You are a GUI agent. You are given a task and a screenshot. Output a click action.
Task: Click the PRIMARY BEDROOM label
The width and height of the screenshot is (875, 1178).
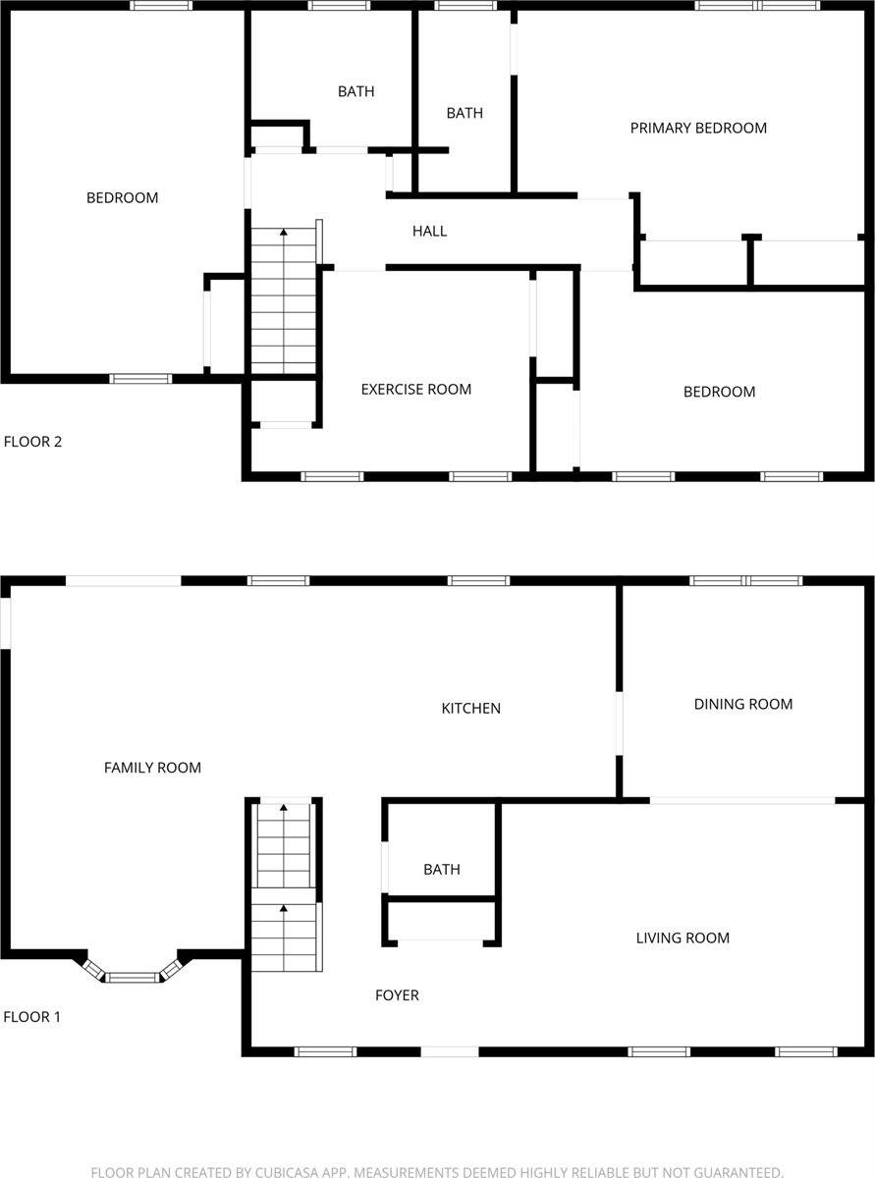(x=698, y=128)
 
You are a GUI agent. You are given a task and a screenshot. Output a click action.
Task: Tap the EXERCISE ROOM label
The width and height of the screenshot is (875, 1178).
(x=415, y=390)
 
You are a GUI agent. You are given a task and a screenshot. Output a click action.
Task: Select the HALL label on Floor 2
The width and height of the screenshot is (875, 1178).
(x=429, y=231)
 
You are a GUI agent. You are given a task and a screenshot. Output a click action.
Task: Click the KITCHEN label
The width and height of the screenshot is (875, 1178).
(x=470, y=708)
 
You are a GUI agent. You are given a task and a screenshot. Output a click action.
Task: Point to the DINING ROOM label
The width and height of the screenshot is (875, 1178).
(x=742, y=704)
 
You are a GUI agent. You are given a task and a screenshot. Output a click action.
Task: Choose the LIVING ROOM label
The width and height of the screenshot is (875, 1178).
(x=683, y=937)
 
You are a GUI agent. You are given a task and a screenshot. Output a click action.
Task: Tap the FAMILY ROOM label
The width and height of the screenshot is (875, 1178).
(x=152, y=768)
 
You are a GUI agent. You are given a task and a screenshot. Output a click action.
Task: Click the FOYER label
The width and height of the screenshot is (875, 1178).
(x=397, y=995)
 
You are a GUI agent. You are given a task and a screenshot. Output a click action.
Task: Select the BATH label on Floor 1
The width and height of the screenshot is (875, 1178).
(x=441, y=869)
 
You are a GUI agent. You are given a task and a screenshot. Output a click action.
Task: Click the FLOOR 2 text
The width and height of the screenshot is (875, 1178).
(x=32, y=442)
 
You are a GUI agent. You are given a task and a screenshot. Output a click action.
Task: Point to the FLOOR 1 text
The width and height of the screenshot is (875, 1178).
(x=32, y=1017)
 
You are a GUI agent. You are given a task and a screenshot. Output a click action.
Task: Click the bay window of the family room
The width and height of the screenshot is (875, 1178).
(x=132, y=976)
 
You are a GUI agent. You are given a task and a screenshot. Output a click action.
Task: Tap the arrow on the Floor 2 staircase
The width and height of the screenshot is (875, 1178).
(x=284, y=233)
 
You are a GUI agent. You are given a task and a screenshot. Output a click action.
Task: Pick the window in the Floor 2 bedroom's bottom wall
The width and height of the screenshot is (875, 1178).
(x=140, y=378)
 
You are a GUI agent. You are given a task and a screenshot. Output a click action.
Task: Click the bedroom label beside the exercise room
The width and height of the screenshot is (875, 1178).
(x=719, y=392)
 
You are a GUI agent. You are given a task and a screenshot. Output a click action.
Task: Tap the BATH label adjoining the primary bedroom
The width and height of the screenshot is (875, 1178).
(x=465, y=113)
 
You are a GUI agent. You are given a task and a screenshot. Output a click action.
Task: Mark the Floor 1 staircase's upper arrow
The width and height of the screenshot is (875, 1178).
(x=284, y=808)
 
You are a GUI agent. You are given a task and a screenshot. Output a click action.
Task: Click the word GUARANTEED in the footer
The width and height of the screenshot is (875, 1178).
(x=738, y=1171)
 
